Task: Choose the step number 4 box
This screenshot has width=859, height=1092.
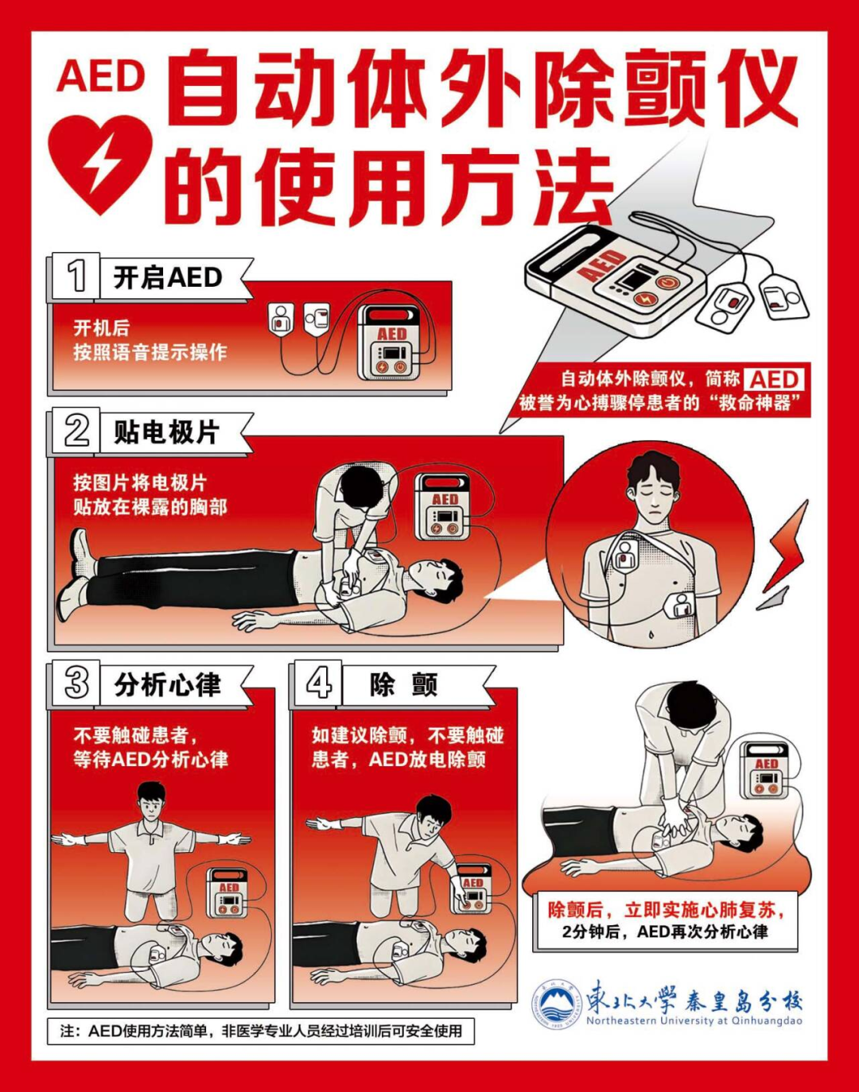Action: (317, 684)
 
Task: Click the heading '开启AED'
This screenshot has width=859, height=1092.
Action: (168, 278)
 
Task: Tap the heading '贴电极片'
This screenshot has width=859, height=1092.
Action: (166, 432)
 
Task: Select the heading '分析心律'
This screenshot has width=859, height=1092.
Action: (167, 684)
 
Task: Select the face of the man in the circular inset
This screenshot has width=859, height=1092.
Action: (652, 498)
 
